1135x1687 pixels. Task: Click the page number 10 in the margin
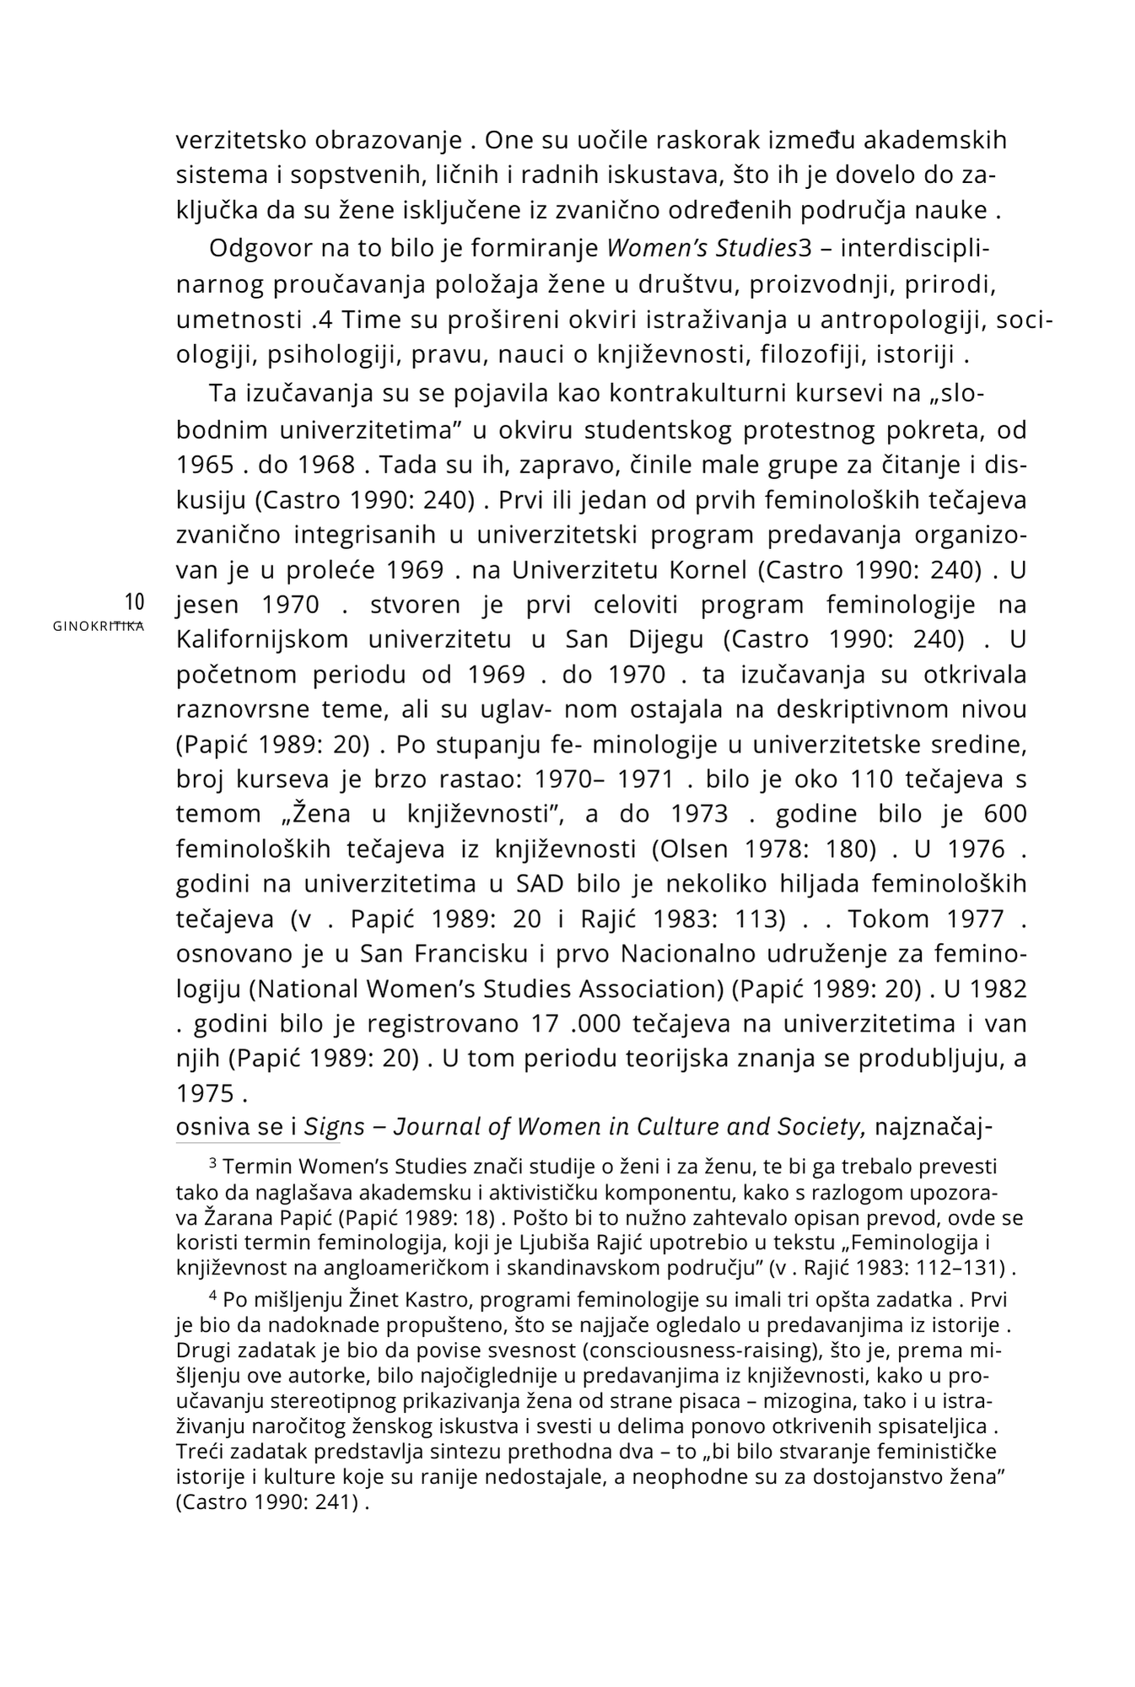[x=135, y=602]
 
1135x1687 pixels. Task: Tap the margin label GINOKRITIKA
[x=98, y=626]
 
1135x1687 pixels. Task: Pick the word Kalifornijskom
[x=262, y=639]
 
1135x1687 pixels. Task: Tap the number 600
[x=1005, y=813]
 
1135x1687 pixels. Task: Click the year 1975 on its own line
[x=205, y=1093]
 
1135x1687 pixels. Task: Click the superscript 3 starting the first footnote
[x=213, y=1164]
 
